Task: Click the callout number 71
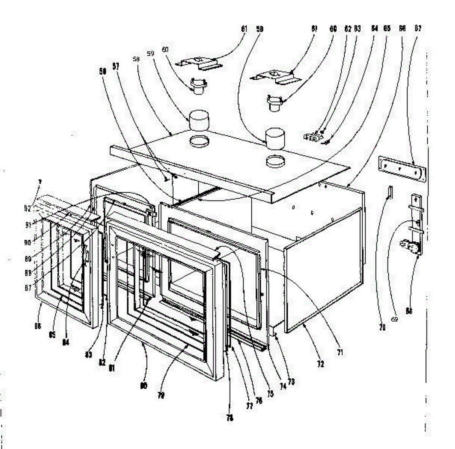340,353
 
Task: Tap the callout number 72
321,364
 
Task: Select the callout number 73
291,382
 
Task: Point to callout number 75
270,394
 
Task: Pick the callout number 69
394,319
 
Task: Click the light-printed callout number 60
166,50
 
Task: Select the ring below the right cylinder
276,162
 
